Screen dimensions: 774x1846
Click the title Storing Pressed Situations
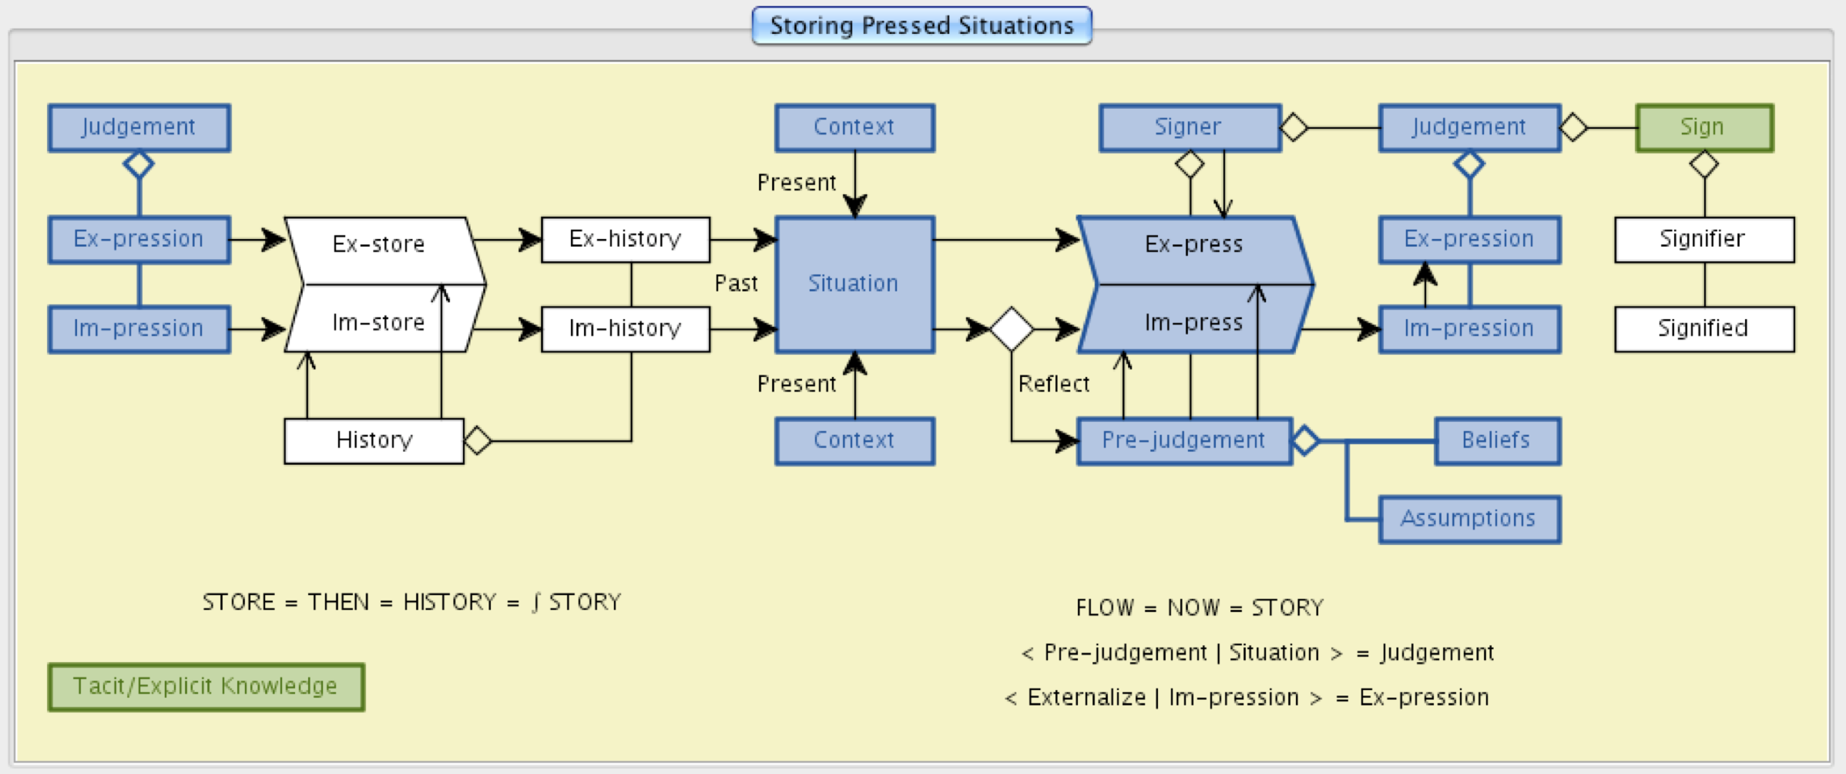pos(921,25)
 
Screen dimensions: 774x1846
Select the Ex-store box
pos(379,244)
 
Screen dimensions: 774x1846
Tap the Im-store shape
pos(379,322)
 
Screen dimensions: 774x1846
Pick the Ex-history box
pos(625,239)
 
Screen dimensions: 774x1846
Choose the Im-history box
pos(625,329)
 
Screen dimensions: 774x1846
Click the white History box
pos(374,440)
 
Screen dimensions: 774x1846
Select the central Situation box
pos(854,284)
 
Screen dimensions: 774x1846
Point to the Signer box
pos(1189,127)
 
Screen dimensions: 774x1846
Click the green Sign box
pos(1703,127)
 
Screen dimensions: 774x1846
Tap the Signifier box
pos(1703,239)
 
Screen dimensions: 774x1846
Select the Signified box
pos(1703,329)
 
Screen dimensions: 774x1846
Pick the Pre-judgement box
pos(1183,440)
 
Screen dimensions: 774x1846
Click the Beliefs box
pos(1496,440)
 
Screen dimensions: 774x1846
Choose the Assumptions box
pos(1468,519)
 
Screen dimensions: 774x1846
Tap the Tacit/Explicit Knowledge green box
pos(206,686)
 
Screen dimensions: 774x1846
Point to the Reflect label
pos(1054,384)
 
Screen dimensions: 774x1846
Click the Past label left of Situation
pos(737,284)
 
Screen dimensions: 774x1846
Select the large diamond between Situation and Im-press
pos(1012,329)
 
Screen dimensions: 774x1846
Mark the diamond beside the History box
pos(478,440)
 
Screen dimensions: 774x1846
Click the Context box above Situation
pos(854,127)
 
